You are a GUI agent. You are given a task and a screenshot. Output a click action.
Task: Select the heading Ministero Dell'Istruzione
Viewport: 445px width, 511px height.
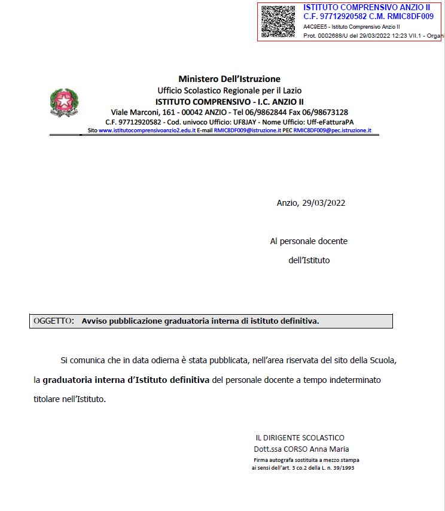(x=229, y=79)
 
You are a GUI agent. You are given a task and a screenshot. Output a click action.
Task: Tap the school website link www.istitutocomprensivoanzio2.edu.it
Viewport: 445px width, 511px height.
(x=147, y=130)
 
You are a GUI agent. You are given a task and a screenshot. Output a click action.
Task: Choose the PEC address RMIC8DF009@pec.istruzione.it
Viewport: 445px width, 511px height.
(x=333, y=130)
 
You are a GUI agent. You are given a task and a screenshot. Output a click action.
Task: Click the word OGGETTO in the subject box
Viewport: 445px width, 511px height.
(x=53, y=321)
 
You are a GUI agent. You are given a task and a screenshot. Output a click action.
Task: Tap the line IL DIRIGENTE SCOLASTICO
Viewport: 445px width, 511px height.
(x=300, y=438)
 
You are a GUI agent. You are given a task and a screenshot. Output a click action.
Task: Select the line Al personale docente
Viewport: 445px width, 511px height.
(x=309, y=241)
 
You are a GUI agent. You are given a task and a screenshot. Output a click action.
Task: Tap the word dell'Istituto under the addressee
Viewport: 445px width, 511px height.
(x=309, y=260)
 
